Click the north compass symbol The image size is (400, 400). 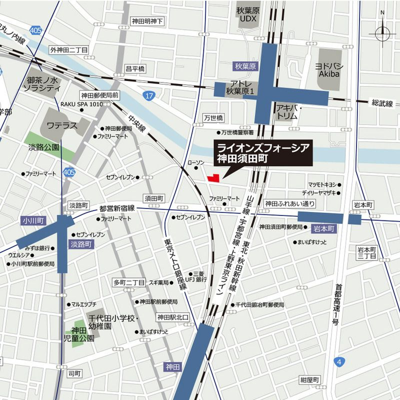(x=382, y=33)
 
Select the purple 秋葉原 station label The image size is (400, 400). (x=245, y=65)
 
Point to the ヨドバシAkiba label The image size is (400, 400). (x=327, y=70)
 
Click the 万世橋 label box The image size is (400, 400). (x=213, y=117)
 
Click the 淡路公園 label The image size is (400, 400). (x=43, y=147)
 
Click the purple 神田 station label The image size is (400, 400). (x=171, y=367)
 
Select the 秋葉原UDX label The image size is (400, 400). (x=248, y=17)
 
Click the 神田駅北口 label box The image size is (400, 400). (x=172, y=317)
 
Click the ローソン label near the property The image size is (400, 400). (x=196, y=163)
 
